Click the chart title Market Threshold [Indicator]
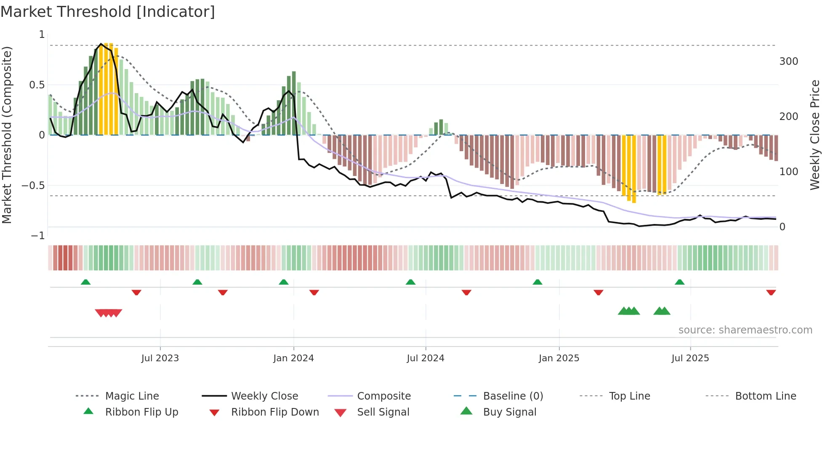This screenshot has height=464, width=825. point(108,12)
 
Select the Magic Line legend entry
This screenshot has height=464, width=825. point(132,396)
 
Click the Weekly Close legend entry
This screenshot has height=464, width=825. point(264,396)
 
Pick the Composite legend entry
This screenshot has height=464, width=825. point(383,396)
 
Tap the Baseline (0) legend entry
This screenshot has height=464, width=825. point(513,396)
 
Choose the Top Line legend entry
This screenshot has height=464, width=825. point(629,396)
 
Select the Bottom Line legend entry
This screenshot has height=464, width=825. point(765,396)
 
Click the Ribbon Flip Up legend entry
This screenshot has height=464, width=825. point(141,412)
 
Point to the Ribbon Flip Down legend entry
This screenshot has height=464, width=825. point(275,412)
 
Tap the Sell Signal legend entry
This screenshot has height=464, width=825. point(383,412)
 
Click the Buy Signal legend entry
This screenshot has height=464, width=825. point(509,412)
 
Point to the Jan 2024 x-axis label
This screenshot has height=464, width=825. point(293,358)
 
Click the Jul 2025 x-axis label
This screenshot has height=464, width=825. point(690,358)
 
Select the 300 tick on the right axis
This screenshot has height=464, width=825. point(788,61)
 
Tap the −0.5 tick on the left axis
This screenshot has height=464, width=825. point(33,186)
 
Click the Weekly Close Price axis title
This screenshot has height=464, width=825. point(815,135)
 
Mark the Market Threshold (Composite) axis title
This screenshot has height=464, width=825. point(7,135)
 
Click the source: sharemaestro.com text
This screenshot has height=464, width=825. point(745,330)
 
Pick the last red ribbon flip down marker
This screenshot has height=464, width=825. point(771,292)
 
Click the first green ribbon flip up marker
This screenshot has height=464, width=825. point(85,282)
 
